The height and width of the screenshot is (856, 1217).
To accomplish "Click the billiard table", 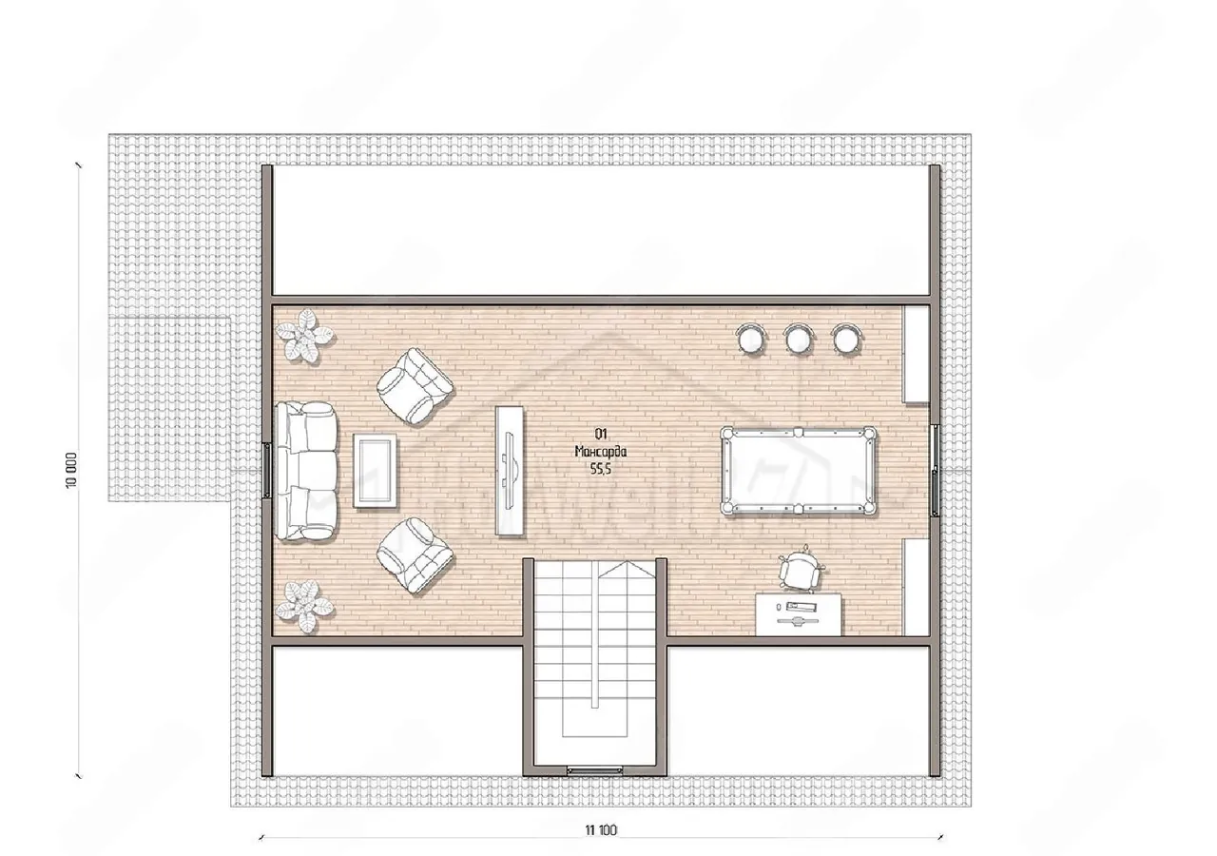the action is pos(798,471).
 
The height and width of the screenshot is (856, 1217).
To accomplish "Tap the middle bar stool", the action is pos(798,339).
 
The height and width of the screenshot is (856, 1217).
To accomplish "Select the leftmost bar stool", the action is pos(751,339).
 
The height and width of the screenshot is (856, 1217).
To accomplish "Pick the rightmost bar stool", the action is pos(847,339).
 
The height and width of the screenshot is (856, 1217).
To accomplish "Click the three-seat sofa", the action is pos(305,471).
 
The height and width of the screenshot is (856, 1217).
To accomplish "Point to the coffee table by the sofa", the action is pos(375,471).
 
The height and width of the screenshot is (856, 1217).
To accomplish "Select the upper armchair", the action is pos(415,386).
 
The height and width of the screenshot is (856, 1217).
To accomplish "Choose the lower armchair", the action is pos(415,556).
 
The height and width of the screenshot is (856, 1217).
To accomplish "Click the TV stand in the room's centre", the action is pos(510,471).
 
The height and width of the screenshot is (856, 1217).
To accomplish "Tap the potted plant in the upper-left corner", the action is pos(303,336).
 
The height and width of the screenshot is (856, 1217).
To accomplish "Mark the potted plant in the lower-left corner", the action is pos(303,607).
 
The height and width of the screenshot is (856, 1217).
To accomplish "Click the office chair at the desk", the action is pos(800,571).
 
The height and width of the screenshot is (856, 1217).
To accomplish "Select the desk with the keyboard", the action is pos(799,614).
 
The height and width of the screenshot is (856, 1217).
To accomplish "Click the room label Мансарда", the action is pos(601,451).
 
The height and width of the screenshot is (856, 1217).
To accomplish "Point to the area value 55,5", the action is pos(601,469).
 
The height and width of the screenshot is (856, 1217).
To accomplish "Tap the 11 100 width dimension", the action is pos(601,829).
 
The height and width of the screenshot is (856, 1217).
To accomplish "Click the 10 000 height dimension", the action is pos(71,470).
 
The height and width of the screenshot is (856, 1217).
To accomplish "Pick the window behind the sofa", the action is pos(267,470).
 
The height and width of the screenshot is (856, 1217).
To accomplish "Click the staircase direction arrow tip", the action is pos(619,561).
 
